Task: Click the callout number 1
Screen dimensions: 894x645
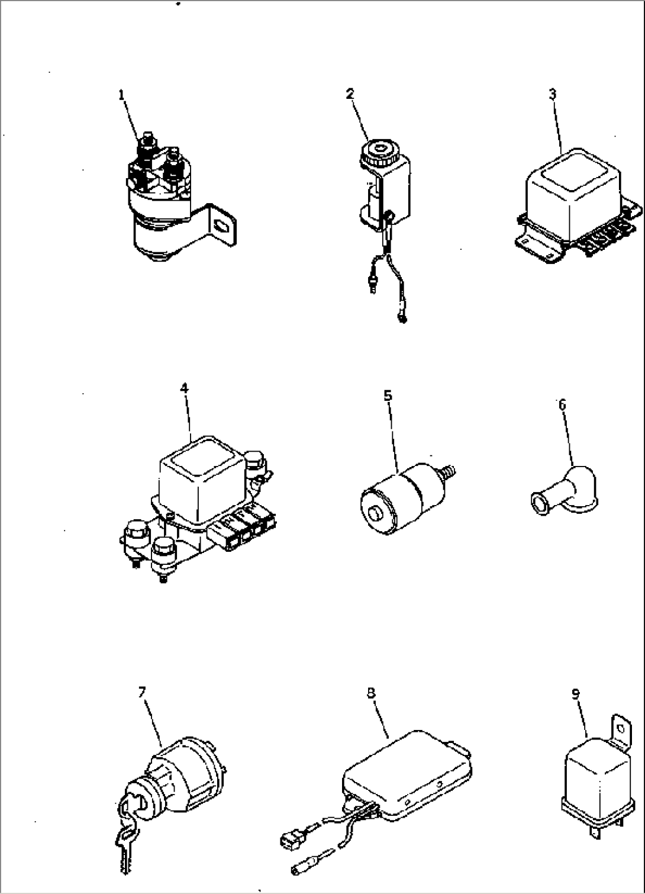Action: (x=121, y=94)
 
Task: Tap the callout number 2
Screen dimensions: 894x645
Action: (x=350, y=93)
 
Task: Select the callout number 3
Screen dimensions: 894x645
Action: (x=553, y=94)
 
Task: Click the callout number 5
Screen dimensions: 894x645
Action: (x=388, y=394)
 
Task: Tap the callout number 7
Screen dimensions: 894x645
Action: (x=141, y=692)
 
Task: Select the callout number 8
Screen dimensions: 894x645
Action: (x=371, y=692)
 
